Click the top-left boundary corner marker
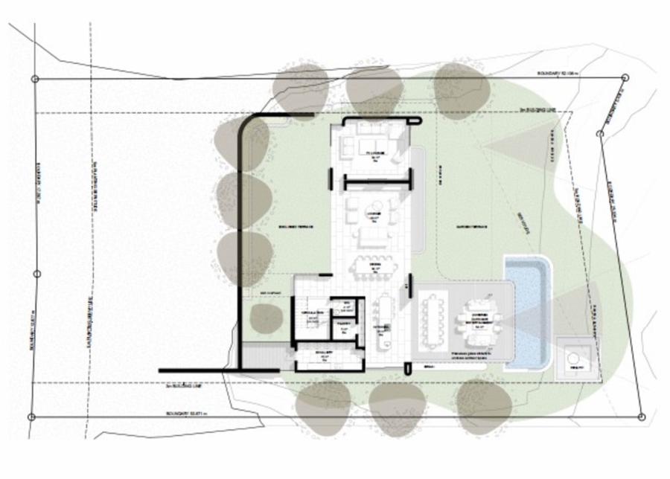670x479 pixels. [x=34, y=78]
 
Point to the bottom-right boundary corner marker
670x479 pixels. [x=641, y=417]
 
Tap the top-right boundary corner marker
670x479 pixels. [x=625, y=77]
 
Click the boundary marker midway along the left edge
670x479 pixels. [x=36, y=274]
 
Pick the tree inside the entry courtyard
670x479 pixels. [x=266, y=319]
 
